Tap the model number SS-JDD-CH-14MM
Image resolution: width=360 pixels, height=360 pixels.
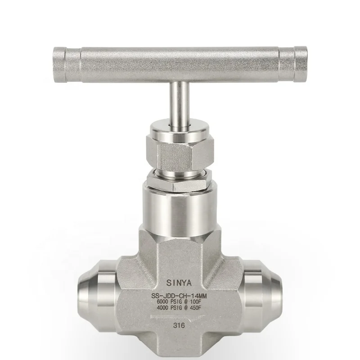coord(180,295)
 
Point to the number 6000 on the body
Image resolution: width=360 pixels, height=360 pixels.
coord(163,301)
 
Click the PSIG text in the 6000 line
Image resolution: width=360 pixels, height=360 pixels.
coord(179,301)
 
